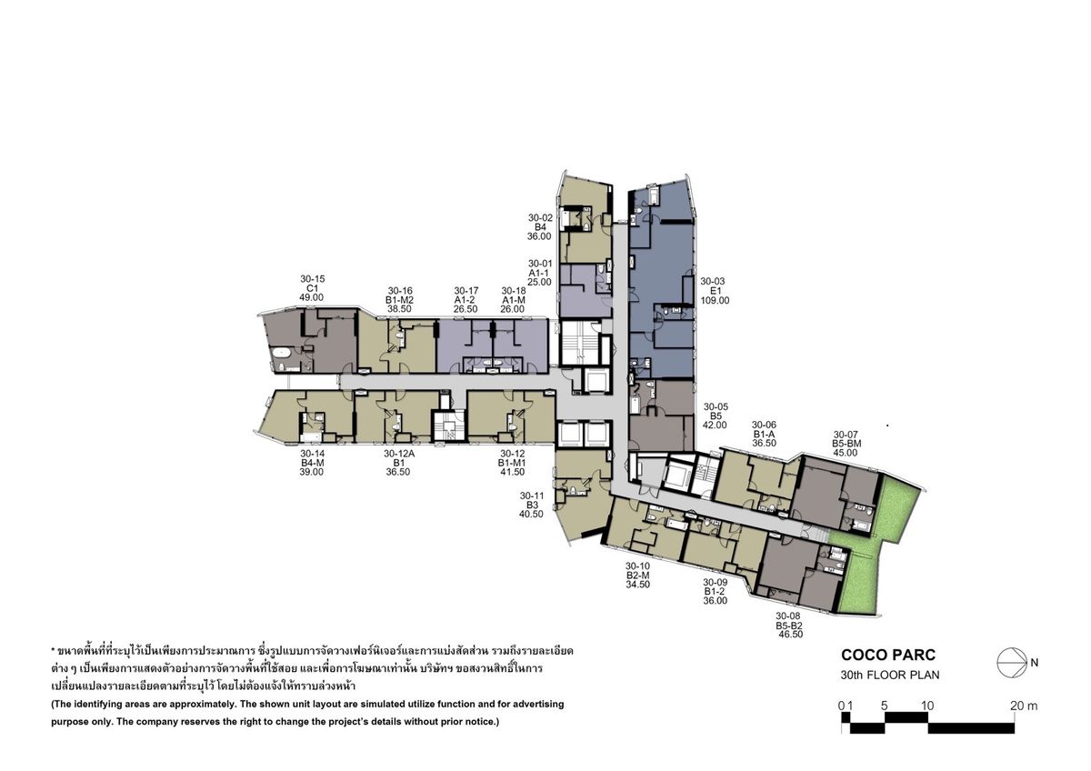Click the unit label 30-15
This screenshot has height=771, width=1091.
[312, 279]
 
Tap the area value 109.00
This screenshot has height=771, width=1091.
[715, 301]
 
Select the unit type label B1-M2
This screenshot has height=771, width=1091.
[399, 300]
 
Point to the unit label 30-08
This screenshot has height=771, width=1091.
[788, 616]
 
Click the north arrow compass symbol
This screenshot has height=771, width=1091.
[1012, 663]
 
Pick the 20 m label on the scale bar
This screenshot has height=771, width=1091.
[1024, 706]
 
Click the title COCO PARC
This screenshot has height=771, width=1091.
[888, 655]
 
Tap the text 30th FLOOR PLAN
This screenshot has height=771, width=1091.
[890, 675]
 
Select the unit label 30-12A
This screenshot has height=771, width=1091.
[399, 454]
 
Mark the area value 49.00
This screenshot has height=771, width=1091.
[311, 297]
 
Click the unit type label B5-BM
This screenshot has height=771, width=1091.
[846, 444]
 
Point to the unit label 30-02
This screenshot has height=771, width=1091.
[541, 218]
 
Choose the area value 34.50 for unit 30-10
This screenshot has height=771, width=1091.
[638, 585]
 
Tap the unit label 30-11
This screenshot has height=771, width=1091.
[532, 496]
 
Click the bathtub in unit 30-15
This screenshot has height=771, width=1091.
[281, 353]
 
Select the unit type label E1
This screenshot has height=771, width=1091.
[715, 291]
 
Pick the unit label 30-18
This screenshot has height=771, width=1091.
[514, 291]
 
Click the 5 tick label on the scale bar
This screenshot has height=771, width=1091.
[885, 706]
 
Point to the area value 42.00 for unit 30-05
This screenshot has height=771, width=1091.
[715, 425]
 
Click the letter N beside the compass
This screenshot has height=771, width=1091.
[1035, 663]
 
